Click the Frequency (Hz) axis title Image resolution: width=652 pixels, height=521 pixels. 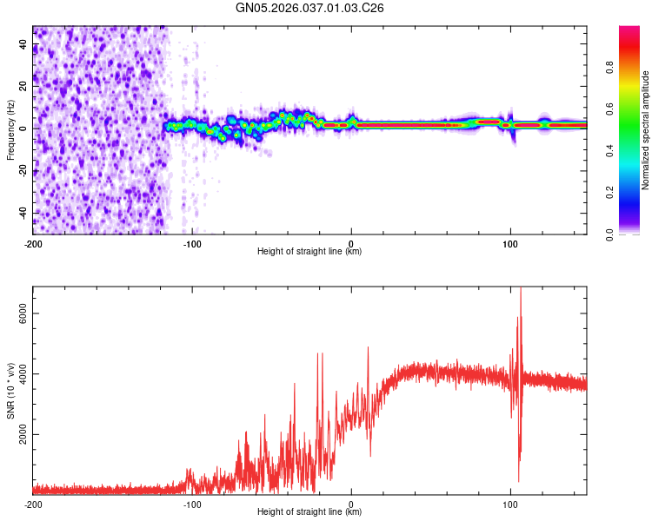[10, 130]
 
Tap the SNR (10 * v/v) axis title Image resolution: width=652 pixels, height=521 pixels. [10, 391]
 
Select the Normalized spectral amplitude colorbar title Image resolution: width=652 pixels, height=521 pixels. [646, 130]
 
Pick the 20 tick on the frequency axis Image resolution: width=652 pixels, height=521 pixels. [24, 86]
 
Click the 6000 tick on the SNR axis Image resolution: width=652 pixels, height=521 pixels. [19, 315]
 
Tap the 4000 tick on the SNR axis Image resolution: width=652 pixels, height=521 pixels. [19, 375]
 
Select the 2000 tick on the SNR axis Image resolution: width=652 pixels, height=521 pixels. [19, 435]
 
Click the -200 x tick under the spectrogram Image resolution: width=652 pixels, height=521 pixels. [33, 242]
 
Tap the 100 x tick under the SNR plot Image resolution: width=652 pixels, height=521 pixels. [510, 503]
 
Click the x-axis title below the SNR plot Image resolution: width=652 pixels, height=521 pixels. [309, 512]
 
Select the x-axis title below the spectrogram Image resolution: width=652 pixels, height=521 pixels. [309, 252]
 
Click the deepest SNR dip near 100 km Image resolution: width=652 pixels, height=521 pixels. [519, 480]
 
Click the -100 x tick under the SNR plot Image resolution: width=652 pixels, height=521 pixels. [192, 503]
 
